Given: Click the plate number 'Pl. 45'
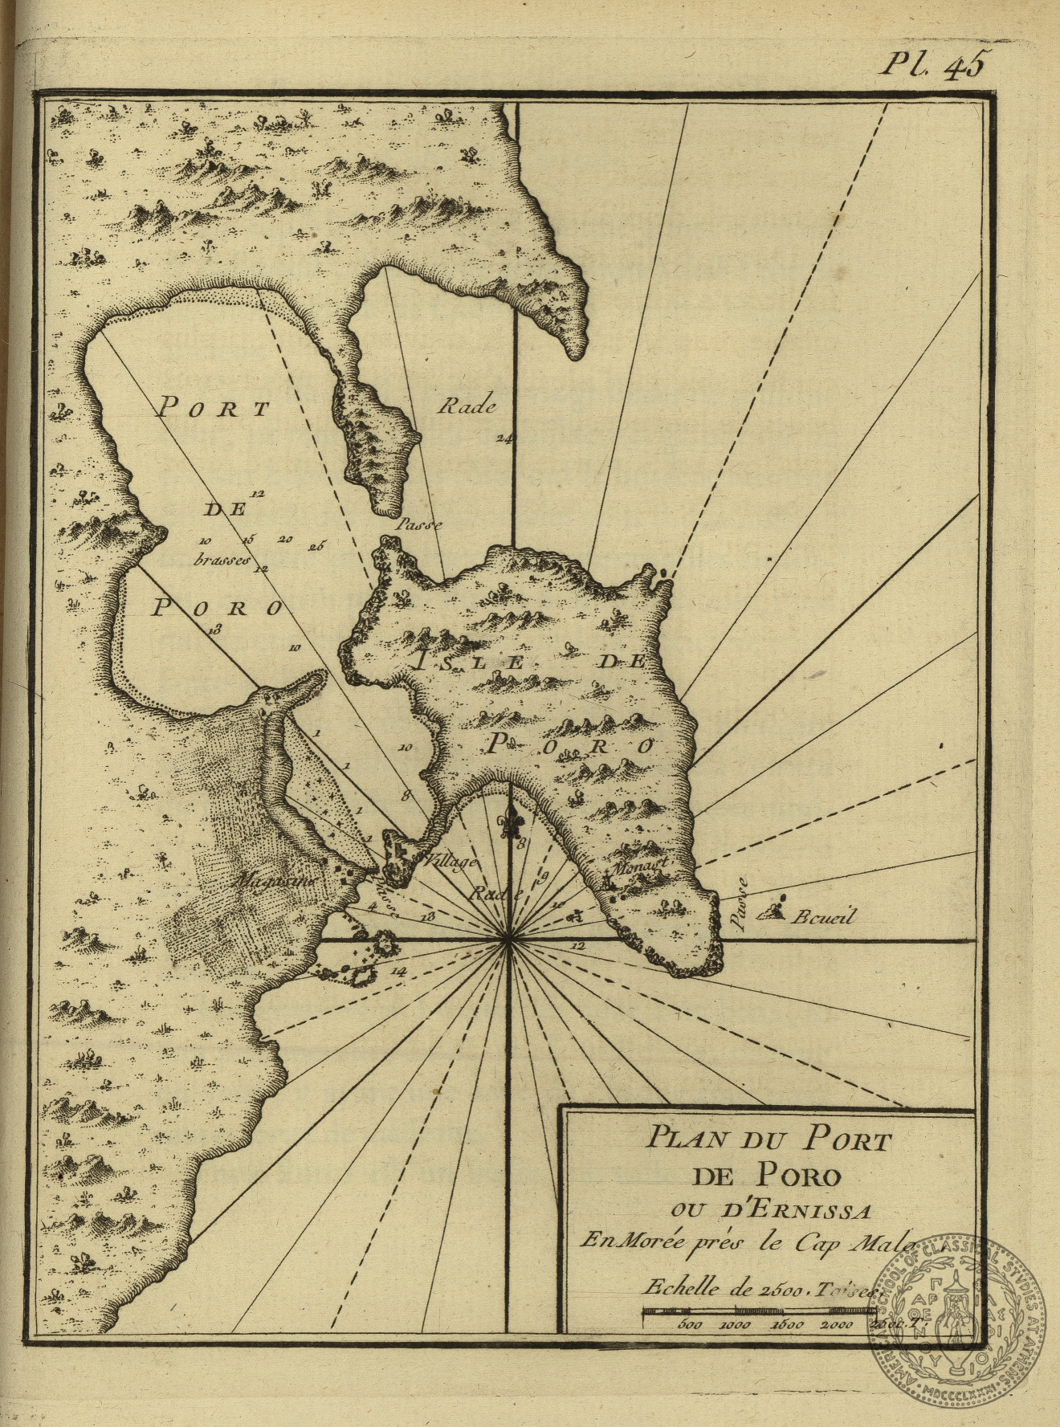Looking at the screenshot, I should [x=931, y=64].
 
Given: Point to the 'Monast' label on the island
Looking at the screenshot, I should [x=640, y=868].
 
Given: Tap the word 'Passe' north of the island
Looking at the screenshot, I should [x=419, y=524].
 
